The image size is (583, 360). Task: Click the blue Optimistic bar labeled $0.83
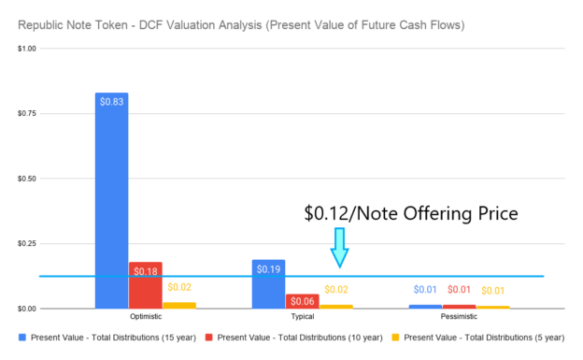[x=111, y=200]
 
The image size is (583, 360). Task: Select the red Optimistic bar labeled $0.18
[x=145, y=284]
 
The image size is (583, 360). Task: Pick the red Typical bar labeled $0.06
[x=302, y=300]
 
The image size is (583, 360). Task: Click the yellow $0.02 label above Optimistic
[x=178, y=287]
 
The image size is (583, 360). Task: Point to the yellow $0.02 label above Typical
[x=335, y=290]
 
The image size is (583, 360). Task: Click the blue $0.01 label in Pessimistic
[x=425, y=290]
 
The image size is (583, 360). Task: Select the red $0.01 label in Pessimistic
[x=459, y=290]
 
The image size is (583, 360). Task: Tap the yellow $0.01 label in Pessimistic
[x=492, y=291]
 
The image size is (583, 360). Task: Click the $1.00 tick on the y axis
[x=27, y=48]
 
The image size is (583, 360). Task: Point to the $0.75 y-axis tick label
[x=27, y=113]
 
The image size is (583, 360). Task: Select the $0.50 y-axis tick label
[x=27, y=178]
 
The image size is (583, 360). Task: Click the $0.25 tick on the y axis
[x=27, y=243]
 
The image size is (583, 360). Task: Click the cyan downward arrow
[x=339, y=248]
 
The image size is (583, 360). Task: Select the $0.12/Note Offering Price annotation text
[x=411, y=213]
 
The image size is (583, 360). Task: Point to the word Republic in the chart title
[x=38, y=21]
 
